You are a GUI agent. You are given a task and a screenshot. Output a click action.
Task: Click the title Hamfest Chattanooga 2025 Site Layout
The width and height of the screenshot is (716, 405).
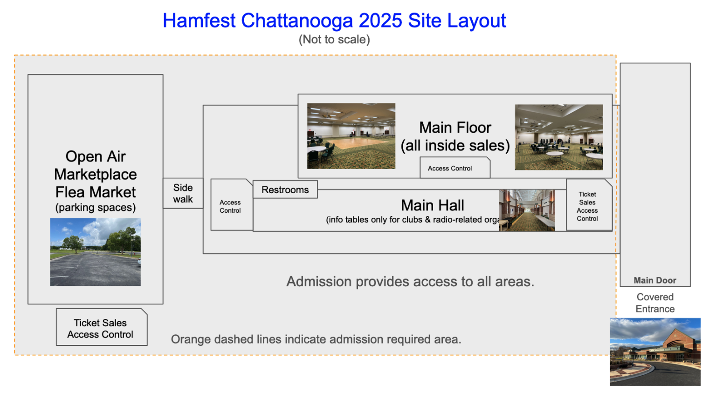pos(334,21)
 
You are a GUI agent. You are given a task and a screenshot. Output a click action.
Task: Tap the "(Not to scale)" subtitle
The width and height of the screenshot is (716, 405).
pos(334,40)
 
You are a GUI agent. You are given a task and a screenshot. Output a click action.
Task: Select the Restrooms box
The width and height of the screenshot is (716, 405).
pos(285,189)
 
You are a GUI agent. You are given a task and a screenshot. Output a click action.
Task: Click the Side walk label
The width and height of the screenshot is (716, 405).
pos(183,193)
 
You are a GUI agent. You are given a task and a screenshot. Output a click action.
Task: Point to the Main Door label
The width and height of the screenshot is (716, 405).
pos(655,280)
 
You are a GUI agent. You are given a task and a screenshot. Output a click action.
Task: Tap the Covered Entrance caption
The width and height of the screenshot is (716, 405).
pos(655,303)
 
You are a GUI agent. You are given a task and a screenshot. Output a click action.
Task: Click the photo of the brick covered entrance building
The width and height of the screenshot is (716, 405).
pos(655,352)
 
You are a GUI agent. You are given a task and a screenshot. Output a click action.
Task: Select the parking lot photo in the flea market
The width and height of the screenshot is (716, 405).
pos(95,252)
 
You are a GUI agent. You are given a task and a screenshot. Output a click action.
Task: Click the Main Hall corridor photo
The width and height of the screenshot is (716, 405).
pos(527,210)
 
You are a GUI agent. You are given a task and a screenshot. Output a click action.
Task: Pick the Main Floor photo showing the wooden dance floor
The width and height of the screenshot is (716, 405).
pos(351,136)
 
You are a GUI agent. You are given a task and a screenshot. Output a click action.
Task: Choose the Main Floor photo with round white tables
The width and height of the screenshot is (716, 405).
pos(559,137)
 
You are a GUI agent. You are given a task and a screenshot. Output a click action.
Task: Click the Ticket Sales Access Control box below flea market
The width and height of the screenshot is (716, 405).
pos(102,327)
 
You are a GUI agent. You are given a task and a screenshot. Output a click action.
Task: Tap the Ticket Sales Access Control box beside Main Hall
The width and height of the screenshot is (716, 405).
pos(589,205)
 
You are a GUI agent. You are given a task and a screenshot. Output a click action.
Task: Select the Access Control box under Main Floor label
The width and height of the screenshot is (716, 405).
pos(455,168)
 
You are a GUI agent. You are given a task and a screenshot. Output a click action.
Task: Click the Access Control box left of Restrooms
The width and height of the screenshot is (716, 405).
pos(231,204)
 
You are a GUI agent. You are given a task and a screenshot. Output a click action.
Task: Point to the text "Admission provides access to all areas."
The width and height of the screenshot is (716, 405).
pos(410,282)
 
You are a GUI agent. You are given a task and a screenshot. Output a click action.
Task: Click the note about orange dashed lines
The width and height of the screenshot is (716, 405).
pos(316,339)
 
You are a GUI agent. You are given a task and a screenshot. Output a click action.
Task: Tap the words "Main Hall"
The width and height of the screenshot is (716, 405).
pos(432,205)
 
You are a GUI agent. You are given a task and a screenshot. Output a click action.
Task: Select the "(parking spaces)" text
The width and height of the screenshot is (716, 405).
pos(95,208)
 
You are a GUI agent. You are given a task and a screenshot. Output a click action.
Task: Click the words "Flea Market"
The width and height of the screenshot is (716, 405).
pos(95,192)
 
